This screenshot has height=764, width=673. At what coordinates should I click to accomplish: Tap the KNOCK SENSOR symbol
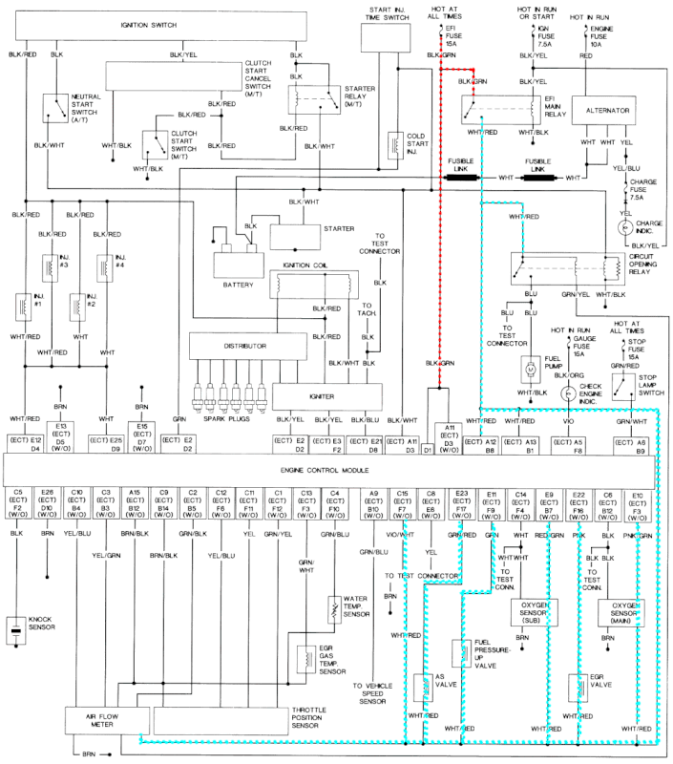[x=16, y=632]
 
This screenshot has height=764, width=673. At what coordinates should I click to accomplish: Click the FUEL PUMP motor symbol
[x=530, y=366]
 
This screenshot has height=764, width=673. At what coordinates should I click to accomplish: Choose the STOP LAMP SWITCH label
[x=656, y=385]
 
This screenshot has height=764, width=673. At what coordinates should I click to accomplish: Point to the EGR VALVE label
[x=602, y=685]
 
